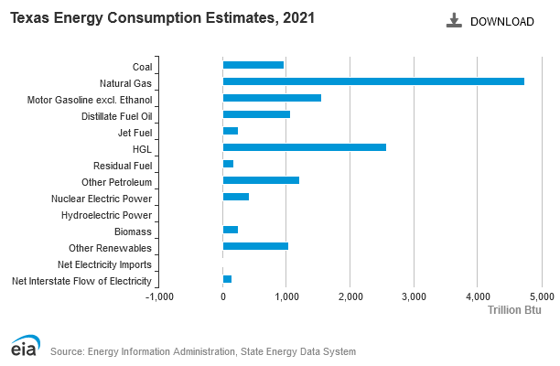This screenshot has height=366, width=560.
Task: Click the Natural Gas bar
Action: (373, 81)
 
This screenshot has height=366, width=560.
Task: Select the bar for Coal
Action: (253, 65)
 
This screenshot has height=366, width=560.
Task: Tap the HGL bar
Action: (305, 147)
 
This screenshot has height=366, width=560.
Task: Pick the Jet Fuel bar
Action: (231, 131)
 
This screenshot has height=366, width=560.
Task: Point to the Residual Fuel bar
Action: (228, 164)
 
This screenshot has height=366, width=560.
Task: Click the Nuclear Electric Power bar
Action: (236, 197)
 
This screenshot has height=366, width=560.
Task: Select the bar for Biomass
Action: (231, 230)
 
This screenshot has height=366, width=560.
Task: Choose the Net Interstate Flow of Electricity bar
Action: (227, 279)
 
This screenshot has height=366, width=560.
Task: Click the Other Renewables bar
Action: (255, 246)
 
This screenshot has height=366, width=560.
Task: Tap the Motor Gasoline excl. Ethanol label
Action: (90, 100)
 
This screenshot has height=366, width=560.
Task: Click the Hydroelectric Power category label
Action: (106, 215)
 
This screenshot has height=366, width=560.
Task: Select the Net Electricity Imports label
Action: (104, 264)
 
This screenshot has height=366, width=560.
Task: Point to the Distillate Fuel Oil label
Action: (117, 116)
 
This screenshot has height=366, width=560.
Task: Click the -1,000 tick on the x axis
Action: (159, 296)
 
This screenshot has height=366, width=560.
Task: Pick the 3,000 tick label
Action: (414, 296)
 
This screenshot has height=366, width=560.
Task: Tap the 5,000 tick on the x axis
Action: (542, 296)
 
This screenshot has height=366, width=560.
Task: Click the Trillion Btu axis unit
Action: (514, 310)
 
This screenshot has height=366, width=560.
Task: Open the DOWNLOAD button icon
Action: (454, 20)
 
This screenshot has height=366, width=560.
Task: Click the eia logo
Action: (25, 345)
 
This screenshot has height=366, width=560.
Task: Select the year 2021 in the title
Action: (298, 17)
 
